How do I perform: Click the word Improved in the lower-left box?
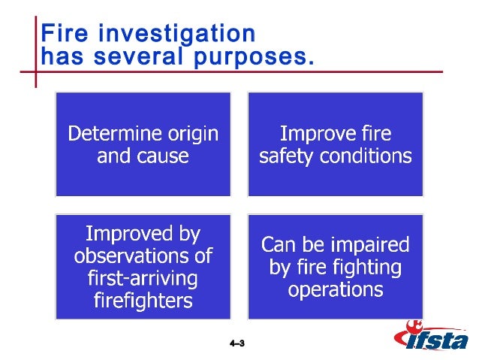143,233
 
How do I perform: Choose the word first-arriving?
143,280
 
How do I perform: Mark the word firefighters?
143,302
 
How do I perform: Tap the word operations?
336,290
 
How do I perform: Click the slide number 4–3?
238,343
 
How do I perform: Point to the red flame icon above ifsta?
412,327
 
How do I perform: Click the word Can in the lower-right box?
278,245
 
